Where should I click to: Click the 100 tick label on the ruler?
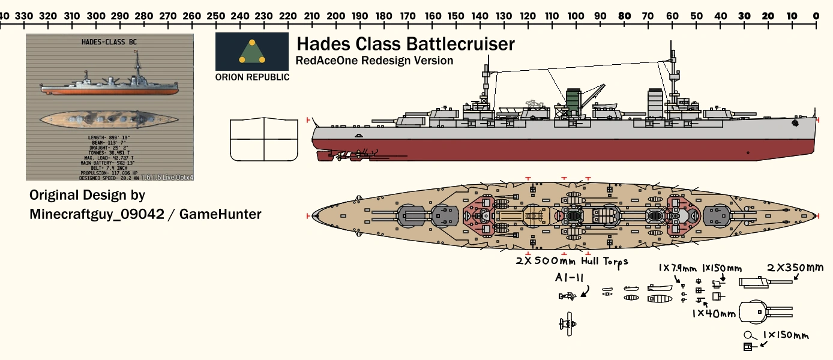click(576, 16)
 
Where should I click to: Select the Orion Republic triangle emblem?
click(252, 52)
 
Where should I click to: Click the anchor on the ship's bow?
click(795, 122)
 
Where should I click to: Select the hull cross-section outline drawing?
click(264, 139)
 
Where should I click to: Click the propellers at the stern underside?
click(336, 157)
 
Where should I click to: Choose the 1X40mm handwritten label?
click(714, 313)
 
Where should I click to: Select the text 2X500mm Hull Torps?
click(571, 261)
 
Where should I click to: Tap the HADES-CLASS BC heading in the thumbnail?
click(110, 42)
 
